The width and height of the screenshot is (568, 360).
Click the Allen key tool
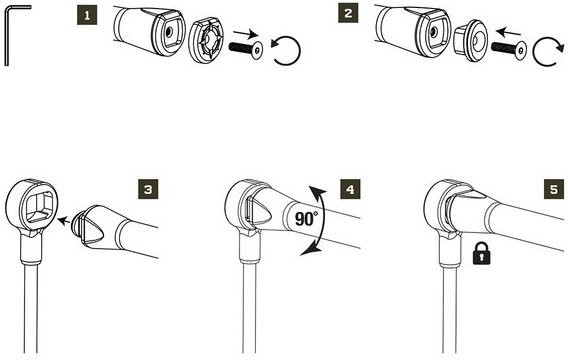click(x=7, y=36)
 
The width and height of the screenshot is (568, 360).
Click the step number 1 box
click(x=87, y=16)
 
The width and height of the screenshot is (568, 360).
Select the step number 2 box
click(x=348, y=13)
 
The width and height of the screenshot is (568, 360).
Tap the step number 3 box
click(x=148, y=189)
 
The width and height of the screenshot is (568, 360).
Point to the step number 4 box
click(x=350, y=189)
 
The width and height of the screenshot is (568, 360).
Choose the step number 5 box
click(x=554, y=189)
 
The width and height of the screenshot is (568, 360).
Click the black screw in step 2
click(x=509, y=49)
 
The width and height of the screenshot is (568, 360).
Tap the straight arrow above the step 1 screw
click(x=246, y=34)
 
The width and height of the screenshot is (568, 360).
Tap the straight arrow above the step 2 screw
click(x=509, y=33)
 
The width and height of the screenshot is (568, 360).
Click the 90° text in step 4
click(x=306, y=219)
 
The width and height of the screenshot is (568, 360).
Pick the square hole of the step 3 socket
click(x=39, y=206)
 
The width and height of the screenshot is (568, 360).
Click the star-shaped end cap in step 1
click(x=206, y=42)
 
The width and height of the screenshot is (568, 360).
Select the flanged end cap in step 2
click(x=471, y=40)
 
